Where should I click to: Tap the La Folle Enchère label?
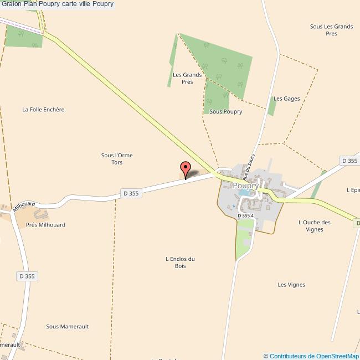(43, 110)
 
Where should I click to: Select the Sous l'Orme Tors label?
(117, 159)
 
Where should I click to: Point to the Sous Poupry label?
(226, 111)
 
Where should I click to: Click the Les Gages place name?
(287, 99)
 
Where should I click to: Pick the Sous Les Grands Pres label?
(331, 30)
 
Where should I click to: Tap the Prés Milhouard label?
(45, 225)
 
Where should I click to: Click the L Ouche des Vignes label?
(314, 226)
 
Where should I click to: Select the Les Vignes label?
(291, 285)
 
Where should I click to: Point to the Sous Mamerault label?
(68, 327)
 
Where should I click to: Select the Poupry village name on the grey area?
(245, 186)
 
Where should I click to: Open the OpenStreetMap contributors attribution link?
(311, 356)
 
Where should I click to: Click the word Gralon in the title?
(11, 4)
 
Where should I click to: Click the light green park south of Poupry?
(244, 238)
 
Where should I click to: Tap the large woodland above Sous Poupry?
(222, 64)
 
